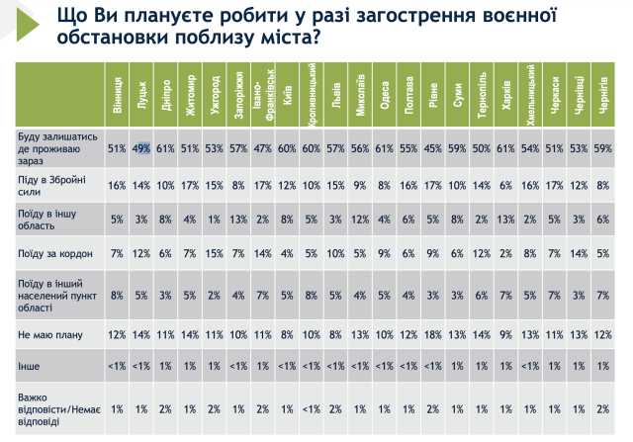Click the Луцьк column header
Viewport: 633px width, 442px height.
pos(142,95)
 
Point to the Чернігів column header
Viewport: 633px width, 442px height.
pos(602,95)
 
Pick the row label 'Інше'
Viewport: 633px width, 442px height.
pos(29,365)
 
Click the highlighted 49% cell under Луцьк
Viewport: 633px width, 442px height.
pos(142,148)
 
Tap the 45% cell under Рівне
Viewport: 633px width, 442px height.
pos(431,148)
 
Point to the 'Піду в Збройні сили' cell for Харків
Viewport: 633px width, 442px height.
pos(505,184)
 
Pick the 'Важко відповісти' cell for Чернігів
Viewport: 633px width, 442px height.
pos(602,408)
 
